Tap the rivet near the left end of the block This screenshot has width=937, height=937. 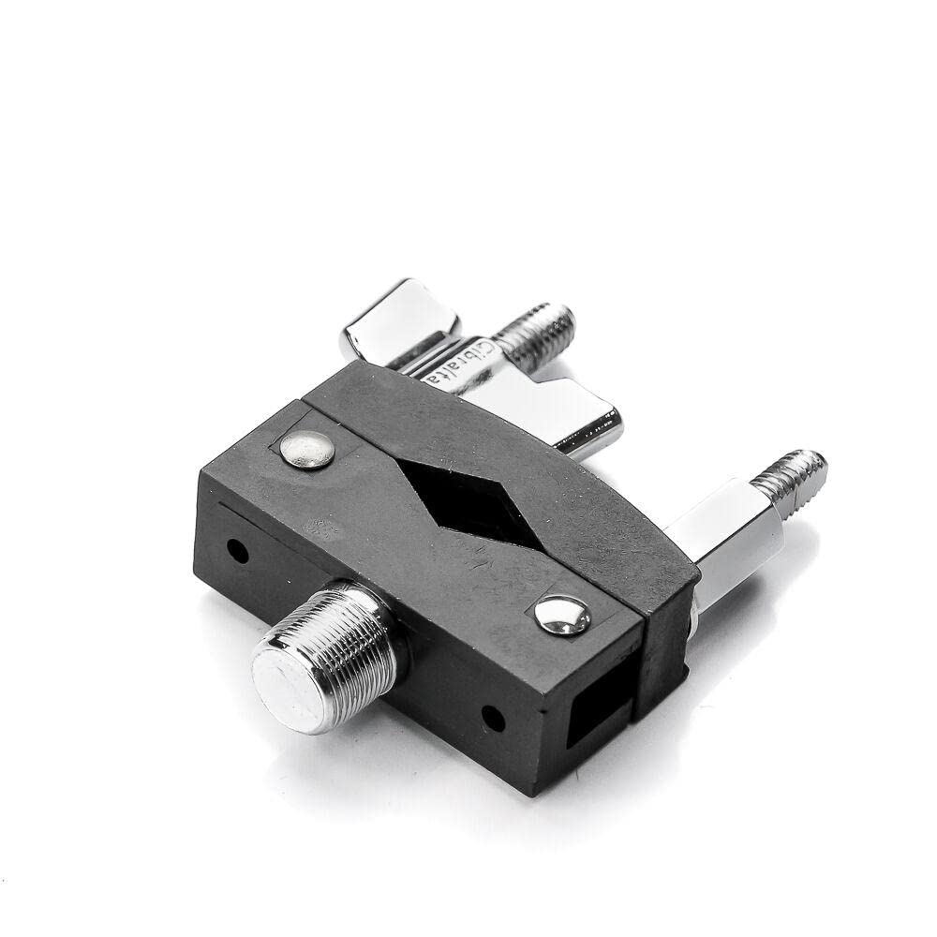(308, 450)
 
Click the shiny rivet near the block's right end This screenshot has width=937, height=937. (563, 616)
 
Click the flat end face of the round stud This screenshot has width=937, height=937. (290, 685)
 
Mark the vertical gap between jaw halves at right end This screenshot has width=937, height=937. (646, 675)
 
